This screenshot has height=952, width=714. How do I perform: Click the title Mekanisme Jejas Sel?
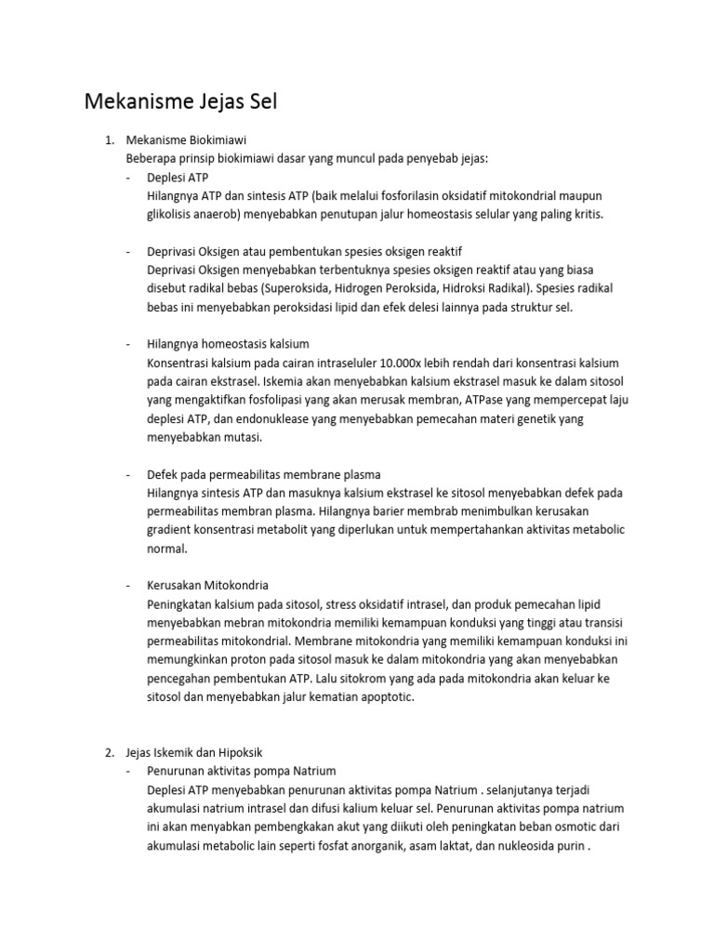[180, 101]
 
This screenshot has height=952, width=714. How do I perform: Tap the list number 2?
[108, 752]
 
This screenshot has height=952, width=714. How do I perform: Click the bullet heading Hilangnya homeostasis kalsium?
[228, 344]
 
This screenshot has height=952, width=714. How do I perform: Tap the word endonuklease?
[279, 418]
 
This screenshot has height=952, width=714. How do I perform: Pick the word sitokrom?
[371, 678]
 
